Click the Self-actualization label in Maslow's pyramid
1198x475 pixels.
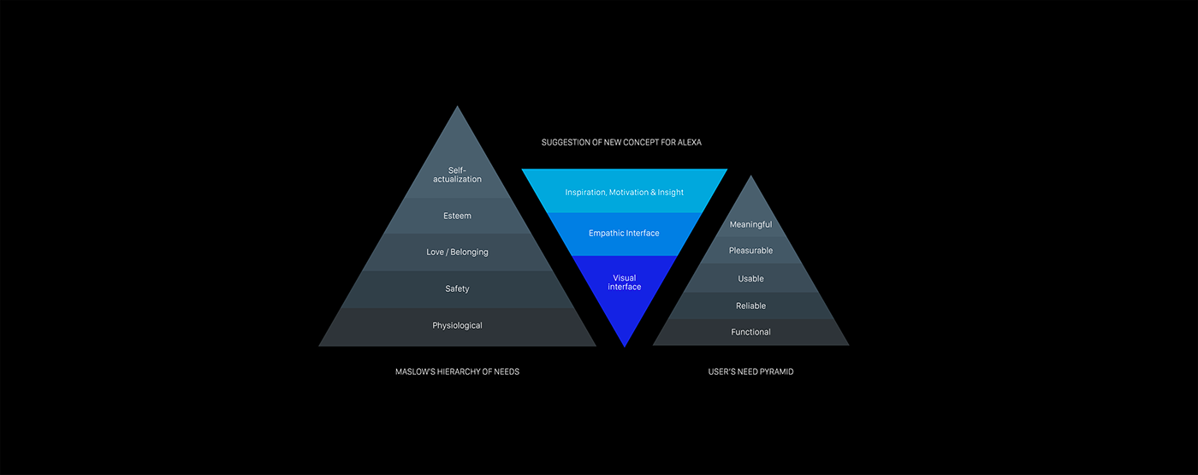[457, 175]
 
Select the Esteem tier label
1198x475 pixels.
[457, 216]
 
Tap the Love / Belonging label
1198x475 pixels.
[457, 252]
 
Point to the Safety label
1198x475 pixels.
[457, 289]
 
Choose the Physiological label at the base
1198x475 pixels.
[457, 325]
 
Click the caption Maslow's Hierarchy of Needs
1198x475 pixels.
[457, 371]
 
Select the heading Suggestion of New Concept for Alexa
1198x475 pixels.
[621, 142]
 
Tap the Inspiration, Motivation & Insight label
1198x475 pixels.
[624, 193]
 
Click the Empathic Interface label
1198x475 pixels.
[624, 233]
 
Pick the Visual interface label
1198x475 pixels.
[624, 282]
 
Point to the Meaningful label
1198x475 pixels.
[750, 225]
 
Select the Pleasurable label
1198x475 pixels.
[750, 251]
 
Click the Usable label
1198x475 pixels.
[750, 279]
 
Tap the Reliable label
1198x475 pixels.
[750, 306]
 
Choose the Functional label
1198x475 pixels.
[750, 332]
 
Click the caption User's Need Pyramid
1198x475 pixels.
[750, 371]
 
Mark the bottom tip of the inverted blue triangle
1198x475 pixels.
[625, 345]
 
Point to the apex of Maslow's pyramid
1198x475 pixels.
[457, 108]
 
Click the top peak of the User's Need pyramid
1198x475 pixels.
[750, 177]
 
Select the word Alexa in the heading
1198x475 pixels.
[689, 142]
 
